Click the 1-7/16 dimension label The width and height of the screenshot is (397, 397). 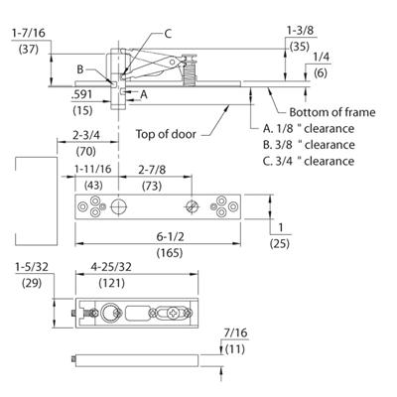click(x=29, y=33)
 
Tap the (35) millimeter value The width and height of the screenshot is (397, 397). click(x=300, y=47)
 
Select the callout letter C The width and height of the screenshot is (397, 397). click(x=168, y=34)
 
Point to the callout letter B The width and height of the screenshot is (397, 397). click(x=80, y=69)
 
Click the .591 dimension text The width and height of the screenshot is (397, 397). click(x=81, y=95)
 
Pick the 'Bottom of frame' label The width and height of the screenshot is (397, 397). click(x=332, y=112)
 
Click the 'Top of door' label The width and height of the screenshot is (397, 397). click(x=166, y=134)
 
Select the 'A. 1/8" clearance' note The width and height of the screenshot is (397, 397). click(x=309, y=128)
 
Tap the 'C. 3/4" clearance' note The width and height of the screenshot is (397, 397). click(x=309, y=161)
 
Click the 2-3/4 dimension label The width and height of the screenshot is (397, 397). click(x=86, y=135)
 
